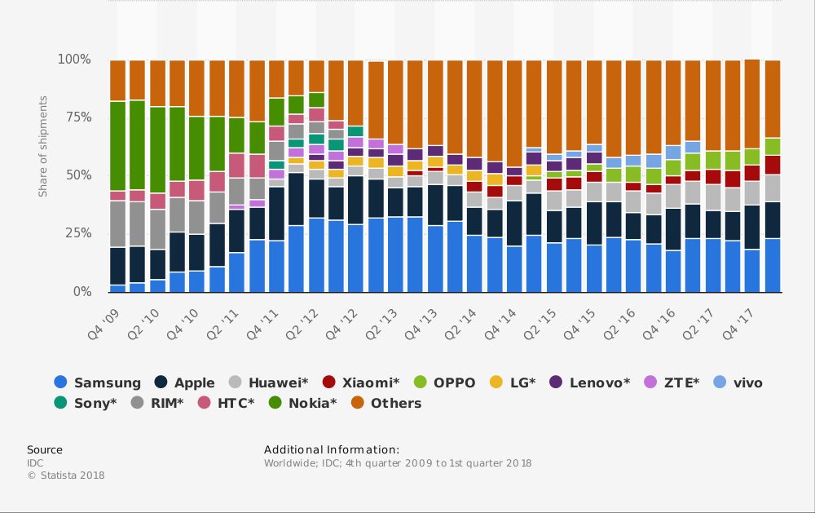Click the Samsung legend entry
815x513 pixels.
(x=98, y=383)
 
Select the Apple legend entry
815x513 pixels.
(x=185, y=383)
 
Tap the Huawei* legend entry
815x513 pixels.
(x=269, y=383)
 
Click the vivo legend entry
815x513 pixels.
(x=738, y=383)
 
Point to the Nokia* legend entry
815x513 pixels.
(x=301, y=403)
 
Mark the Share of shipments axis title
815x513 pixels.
(x=43, y=146)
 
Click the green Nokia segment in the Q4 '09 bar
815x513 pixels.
(x=117, y=147)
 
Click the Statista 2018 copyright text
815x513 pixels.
(x=66, y=475)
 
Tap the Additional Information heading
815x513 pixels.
(x=332, y=449)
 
